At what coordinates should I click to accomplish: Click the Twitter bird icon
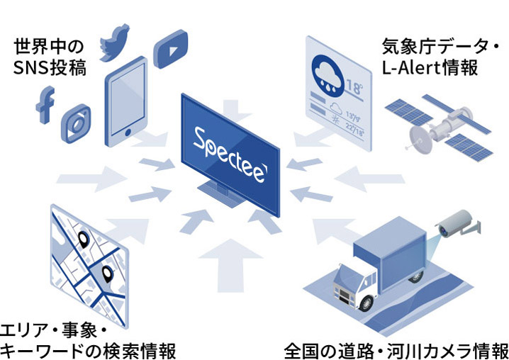tap(114, 43)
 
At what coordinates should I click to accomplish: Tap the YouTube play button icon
tap(170, 49)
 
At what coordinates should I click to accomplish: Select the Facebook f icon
tap(45, 104)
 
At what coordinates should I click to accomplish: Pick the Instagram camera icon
tap(76, 123)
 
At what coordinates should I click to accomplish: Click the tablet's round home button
tap(128, 132)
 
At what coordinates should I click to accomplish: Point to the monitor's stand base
tap(220, 193)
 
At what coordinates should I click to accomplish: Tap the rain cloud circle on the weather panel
tap(328, 76)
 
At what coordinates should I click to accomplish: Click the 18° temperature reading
tap(354, 86)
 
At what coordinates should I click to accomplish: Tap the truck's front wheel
tap(367, 303)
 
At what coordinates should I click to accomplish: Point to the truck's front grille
tap(343, 294)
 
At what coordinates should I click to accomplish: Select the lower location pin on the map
tap(107, 274)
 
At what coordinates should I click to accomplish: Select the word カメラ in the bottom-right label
tap(449, 351)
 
